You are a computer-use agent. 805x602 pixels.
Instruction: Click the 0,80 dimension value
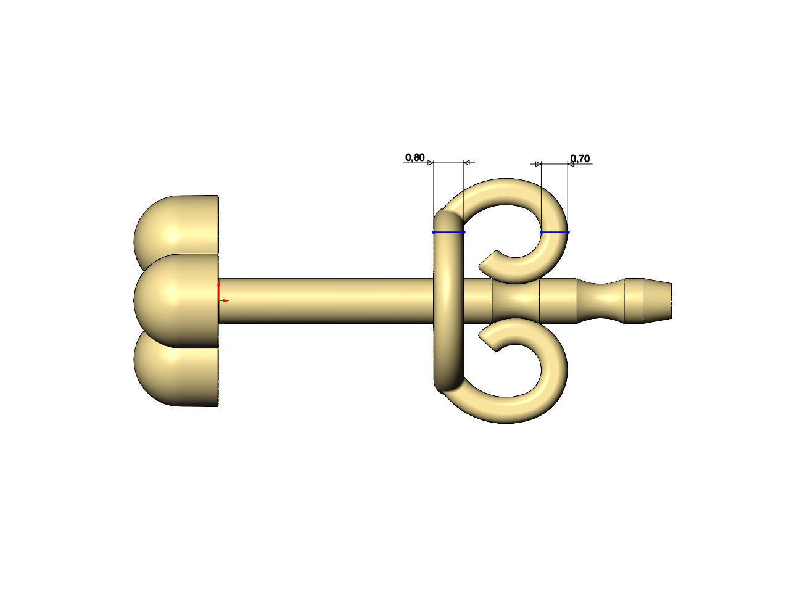pyautogui.click(x=415, y=158)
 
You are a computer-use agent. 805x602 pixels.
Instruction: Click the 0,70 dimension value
pyautogui.click(x=580, y=159)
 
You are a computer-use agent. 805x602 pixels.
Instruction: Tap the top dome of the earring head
pyautogui.click(x=176, y=225)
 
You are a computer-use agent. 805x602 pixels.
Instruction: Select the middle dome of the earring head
pyautogui.click(x=176, y=300)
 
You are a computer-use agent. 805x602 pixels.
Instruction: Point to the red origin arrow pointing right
pyautogui.click(x=226, y=300)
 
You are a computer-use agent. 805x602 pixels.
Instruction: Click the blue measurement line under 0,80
pyautogui.click(x=448, y=233)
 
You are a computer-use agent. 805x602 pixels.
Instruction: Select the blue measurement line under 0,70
pyautogui.click(x=555, y=233)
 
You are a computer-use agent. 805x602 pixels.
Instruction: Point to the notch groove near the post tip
pyautogui.click(x=601, y=300)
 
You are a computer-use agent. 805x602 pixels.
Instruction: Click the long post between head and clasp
pyautogui.click(x=327, y=300)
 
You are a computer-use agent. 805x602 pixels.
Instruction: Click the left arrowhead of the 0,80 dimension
pyautogui.click(x=431, y=163)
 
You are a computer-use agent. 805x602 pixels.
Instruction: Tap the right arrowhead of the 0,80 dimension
pyautogui.click(x=467, y=163)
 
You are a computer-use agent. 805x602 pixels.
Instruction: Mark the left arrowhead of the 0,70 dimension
pyautogui.click(x=538, y=164)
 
